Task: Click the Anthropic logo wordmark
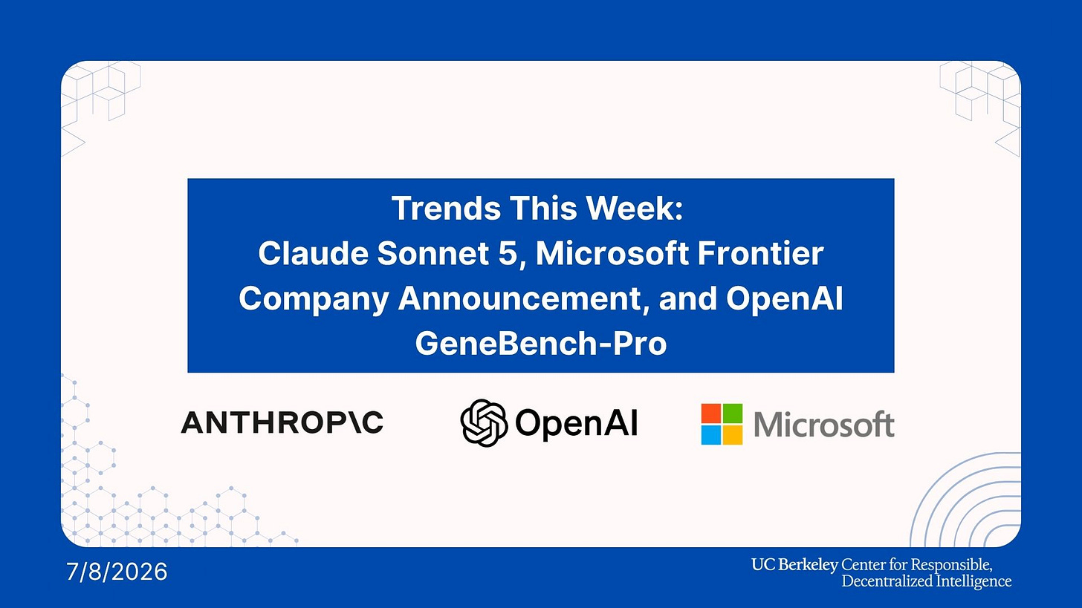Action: click(282, 422)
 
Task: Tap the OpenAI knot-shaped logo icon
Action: click(484, 422)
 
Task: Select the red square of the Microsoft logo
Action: click(711, 413)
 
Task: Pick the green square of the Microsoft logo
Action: click(732, 413)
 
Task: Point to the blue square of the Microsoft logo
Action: click(711, 434)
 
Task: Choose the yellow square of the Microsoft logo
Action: click(732, 434)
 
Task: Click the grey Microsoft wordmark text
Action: click(824, 424)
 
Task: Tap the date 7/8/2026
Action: click(117, 572)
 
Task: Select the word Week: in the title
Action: click(634, 208)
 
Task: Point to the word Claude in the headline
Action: click(314, 253)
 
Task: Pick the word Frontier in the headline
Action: click(761, 253)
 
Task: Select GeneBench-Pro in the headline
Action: click(541, 343)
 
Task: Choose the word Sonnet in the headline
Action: click(433, 253)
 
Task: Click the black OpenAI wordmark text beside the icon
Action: click(577, 422)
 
